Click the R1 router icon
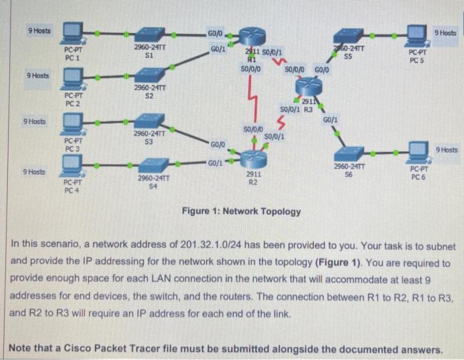pos(251,36)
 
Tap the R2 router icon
pos(253,158)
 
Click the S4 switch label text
pos(153,186)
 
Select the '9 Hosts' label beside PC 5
pos(446,32)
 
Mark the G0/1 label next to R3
pos(331,120)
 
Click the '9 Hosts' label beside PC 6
pos(447,150)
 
